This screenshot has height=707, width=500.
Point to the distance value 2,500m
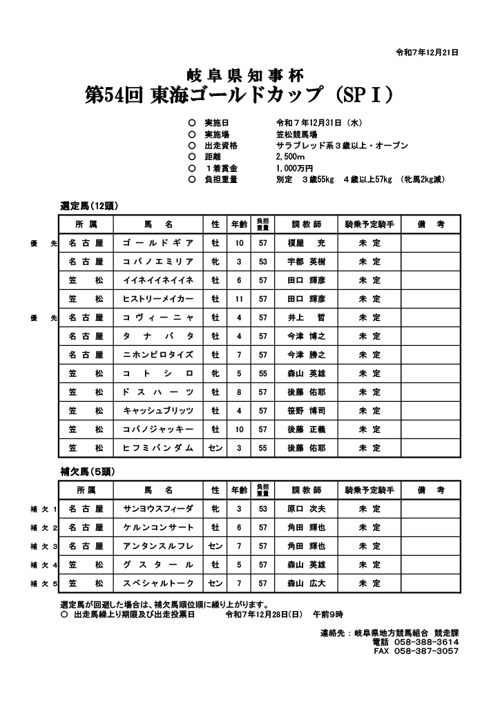[x=290, y=157]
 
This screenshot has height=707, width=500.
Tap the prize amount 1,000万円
[x=294, y=168]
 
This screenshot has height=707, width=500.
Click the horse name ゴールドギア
[x=158, y=243]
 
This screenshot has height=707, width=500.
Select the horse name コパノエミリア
[x=158, y=262]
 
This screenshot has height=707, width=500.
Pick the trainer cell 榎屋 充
[x=306, y=243]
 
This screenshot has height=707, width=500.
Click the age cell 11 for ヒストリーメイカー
[x=239, y=299]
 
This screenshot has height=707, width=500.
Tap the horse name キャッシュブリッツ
[x=158, y=411]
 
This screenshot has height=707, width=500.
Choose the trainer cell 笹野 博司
[x=306, y=411]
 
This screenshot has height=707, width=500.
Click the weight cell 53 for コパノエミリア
[x=263, y=262]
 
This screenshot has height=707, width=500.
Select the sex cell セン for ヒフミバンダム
[x=215, y=448]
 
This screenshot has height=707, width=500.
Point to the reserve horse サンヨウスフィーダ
[x=158, y=509]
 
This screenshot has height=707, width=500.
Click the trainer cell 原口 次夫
[x=306, y=509]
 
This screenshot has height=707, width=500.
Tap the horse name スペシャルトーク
[x=158, y=583]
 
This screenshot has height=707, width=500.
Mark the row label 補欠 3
[x=44, y=546]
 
